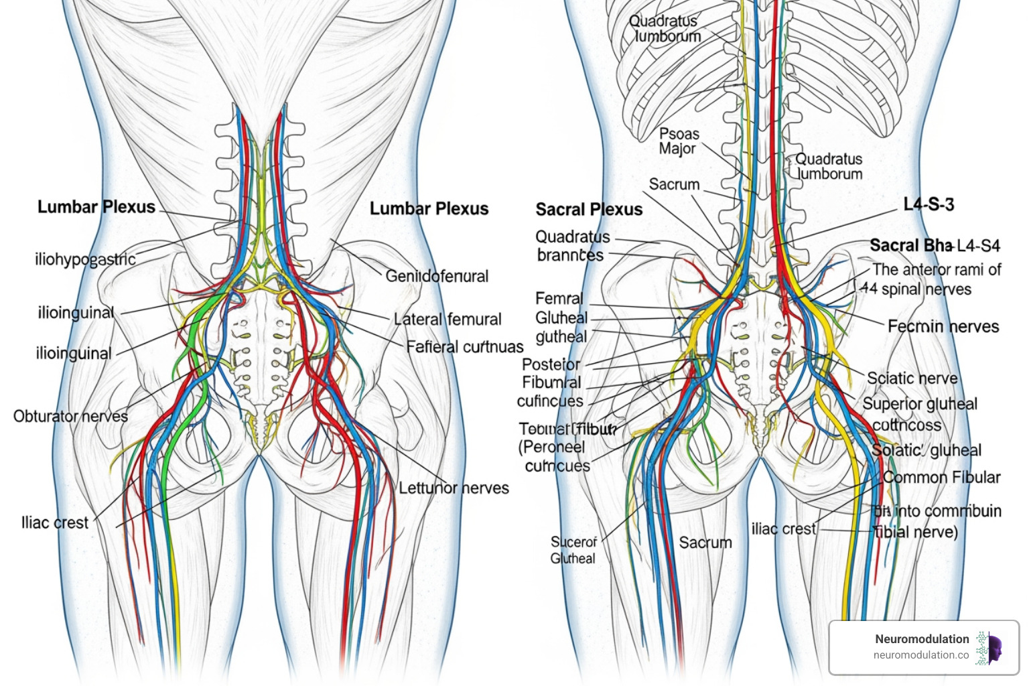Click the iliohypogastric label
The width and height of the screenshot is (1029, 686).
[85, 259]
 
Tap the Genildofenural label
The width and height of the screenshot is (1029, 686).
[437, 276]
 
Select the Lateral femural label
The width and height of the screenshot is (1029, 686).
[448, 320]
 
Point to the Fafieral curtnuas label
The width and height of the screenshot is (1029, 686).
[465, 347]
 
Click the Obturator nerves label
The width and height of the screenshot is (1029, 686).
[70, 416]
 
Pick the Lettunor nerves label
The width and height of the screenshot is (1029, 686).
[454, 488]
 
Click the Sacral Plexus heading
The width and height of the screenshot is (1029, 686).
[589, 210]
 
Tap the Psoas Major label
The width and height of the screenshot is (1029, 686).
[679, 141]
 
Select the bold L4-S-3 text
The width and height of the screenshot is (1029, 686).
[929, 204]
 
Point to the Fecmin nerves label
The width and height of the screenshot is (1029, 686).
[943, 326]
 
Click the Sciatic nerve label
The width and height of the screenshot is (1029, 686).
[912, 379]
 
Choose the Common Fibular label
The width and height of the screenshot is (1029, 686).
[941, 478]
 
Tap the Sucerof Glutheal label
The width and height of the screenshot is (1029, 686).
[573, 550]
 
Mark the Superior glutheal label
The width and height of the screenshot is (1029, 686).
[920, 404]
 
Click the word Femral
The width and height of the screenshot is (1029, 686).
[559, 299]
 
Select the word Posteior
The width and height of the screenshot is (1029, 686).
[551, 364]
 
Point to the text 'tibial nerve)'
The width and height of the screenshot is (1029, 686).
[916, 532]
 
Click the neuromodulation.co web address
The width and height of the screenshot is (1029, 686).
[921, 655]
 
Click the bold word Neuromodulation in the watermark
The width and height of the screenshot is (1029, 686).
[922, 639]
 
